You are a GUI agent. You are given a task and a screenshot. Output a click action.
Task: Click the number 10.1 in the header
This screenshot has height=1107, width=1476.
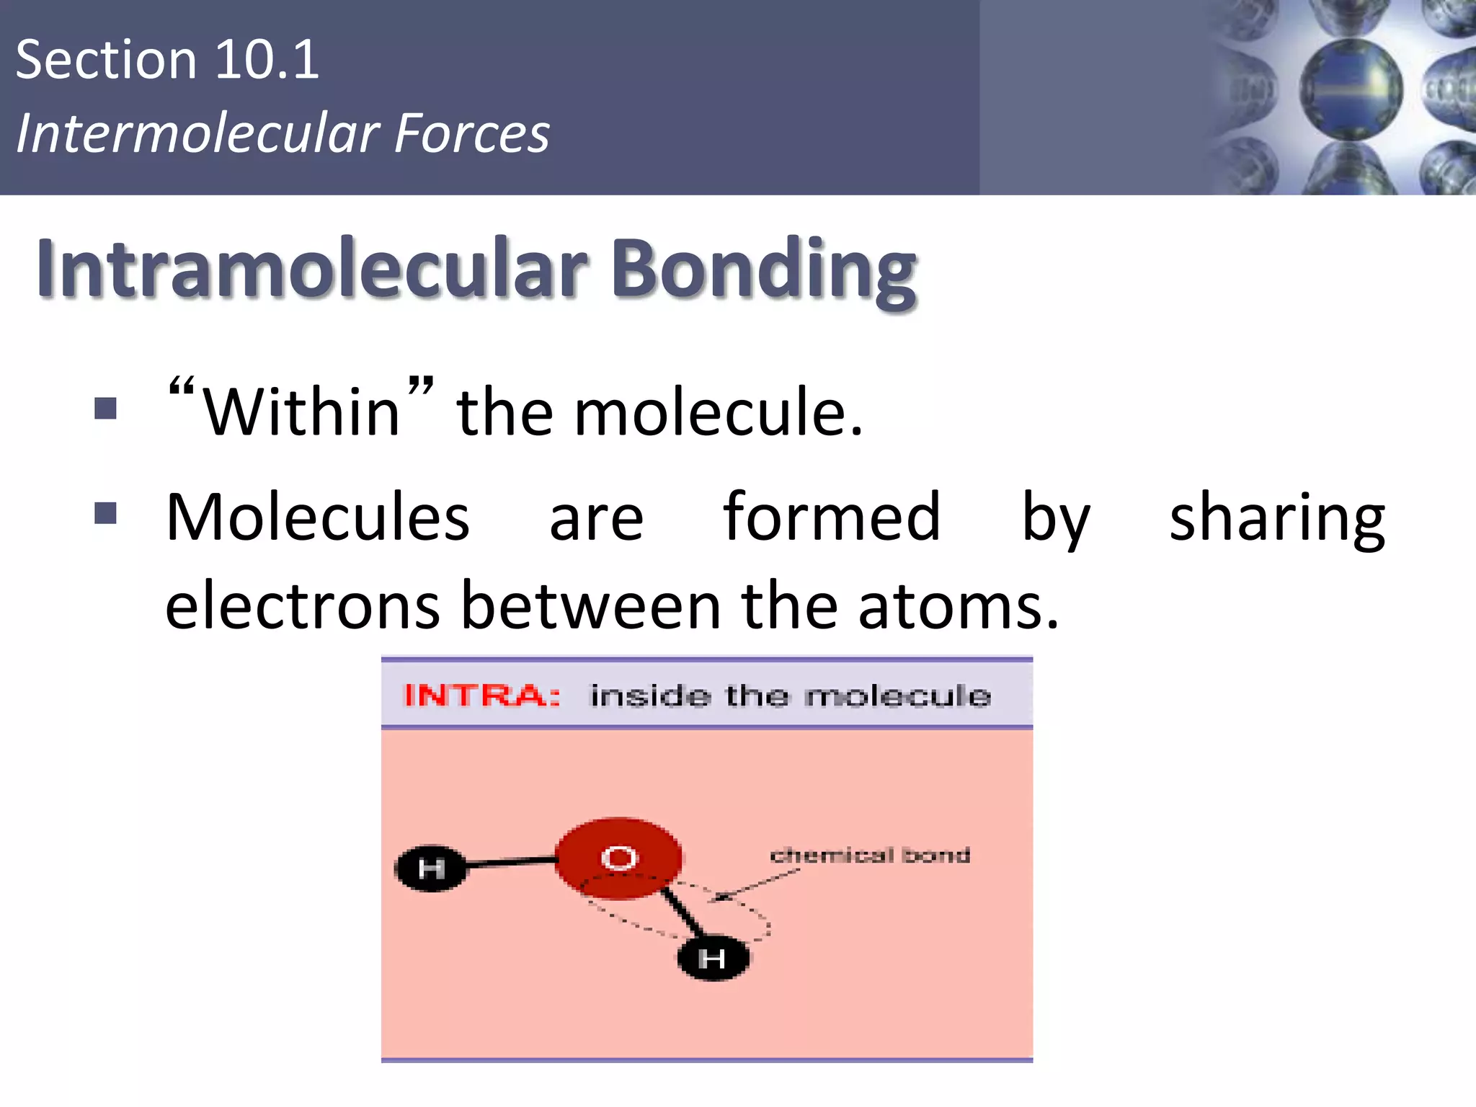tap(267, 61)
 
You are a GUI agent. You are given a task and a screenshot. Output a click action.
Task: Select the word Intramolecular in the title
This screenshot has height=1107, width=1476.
tap(311, 268)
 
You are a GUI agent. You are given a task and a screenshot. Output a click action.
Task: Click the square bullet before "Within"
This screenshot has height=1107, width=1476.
tap(105, 409)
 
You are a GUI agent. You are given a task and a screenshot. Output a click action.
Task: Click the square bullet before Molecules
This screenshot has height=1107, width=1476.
tap(105, 514)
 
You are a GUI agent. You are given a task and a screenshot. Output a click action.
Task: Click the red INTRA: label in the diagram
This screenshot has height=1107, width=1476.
tap(481, 695)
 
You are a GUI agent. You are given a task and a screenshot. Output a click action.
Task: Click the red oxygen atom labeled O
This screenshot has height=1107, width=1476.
tap(619, 858)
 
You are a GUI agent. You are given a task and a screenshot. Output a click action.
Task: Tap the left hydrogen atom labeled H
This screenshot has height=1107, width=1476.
tap(431, 868)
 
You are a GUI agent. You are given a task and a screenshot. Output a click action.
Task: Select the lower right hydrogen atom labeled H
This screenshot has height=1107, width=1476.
tap(713, 959)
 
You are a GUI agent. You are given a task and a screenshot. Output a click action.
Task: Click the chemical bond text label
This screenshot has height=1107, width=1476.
tap(870, 855)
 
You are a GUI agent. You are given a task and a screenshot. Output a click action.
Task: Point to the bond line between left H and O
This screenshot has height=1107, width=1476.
tap(510, 861)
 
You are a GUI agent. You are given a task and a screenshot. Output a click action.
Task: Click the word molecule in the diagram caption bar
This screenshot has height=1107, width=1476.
tap(898, 696)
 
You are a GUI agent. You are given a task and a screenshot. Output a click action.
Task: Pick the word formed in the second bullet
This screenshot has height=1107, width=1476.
tap(832, 517)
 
